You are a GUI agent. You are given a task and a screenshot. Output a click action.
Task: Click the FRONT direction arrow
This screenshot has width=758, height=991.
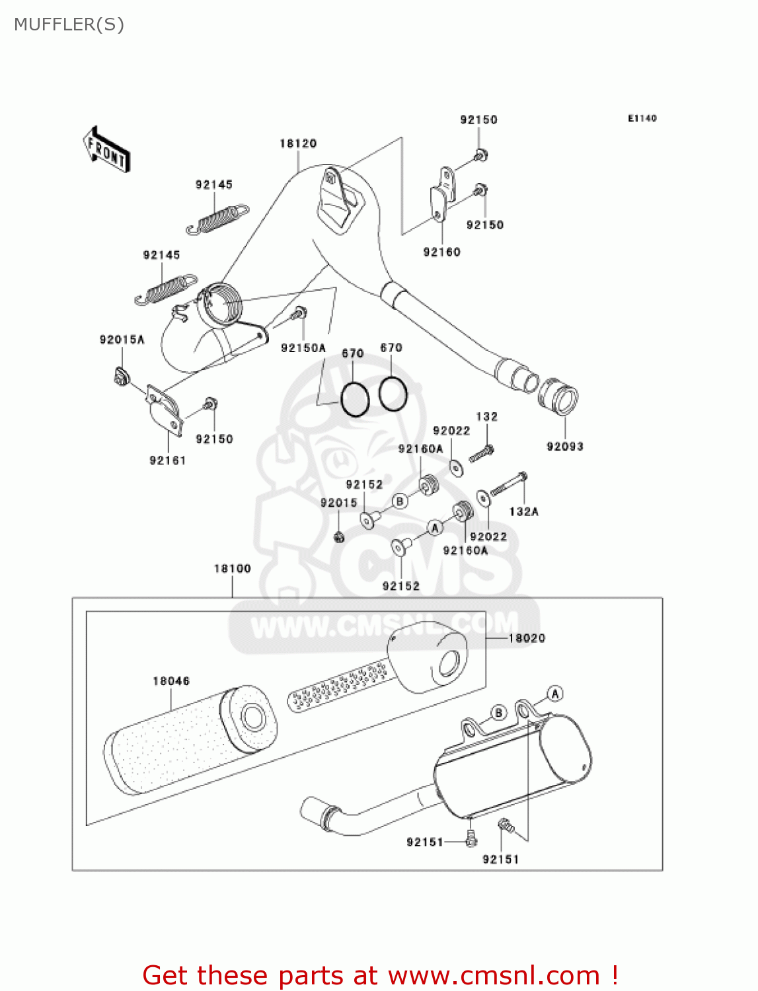click(x=106, y=150)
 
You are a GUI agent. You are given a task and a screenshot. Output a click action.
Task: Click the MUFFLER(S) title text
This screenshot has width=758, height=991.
click(x=69, y=24)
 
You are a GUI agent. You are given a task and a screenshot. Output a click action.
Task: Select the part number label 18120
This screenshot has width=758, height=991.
click(x=298, y=143)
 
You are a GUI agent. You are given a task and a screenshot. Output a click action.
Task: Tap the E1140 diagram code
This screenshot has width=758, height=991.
click(x=642, y=118)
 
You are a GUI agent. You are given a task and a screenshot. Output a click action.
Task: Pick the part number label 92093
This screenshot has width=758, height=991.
click(x=565, y=447)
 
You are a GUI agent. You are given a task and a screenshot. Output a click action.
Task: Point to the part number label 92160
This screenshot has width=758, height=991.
click(x=441, y=252)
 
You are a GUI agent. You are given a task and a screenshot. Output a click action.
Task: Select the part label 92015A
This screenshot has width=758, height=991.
click(x=122, y=340)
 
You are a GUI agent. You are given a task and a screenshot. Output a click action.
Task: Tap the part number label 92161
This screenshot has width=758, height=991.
click(x=168, y=460)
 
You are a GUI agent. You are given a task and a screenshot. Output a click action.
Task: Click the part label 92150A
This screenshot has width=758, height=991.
click(x=303, y=348)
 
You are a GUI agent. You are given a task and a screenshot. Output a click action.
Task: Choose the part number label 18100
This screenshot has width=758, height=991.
click(x=233, y=568)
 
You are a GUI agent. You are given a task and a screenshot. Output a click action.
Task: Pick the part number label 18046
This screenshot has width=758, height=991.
click(x=171, y=681)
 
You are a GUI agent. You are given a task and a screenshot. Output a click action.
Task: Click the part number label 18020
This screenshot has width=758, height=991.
click(x=527, y=638)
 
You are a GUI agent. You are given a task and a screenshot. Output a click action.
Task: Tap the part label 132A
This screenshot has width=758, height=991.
click(x=523, y=511)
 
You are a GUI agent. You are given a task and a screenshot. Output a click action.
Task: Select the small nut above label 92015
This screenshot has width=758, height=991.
click(x=339, y=536)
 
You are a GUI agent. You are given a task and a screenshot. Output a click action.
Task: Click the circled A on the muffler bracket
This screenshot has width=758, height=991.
click(x=555, y=694)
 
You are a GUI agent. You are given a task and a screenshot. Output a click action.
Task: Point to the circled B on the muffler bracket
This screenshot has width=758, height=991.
click(x=498, y=713)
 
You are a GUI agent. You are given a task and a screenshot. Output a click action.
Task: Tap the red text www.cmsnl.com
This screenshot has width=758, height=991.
click(x=494, y=976)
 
